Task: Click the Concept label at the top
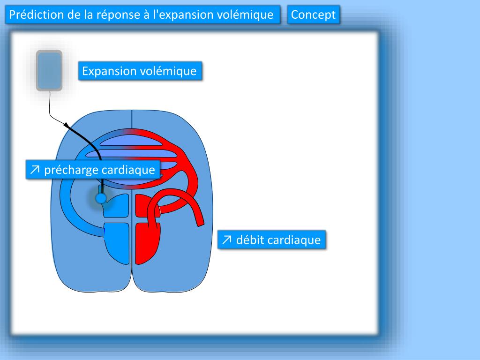coord(313,15)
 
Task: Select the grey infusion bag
coord(49,70)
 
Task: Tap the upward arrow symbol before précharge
coord(34,170)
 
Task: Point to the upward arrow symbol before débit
coord(227,240)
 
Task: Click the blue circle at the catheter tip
coord(100,198)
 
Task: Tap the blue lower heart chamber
coord(117,243)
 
